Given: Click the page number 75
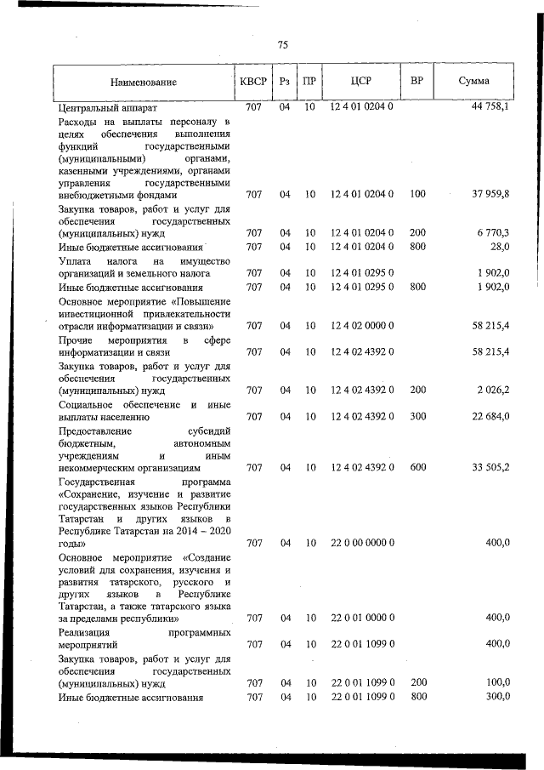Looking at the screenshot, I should click(x=283, y=45).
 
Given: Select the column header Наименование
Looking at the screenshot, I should click(x=143, y=83).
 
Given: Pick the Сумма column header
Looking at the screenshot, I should click(x=473, y=82).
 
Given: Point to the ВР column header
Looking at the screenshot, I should click(x=416, y=82).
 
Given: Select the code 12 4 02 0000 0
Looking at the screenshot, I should click(x=361, y=326).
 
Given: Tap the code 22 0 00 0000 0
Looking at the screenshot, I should click(x=361, y=543).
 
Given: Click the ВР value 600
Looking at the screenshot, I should click(x=416, y=467).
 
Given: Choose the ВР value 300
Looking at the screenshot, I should click(x=416, y=416).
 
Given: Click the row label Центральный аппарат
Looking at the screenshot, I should click(x=107, y=109).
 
